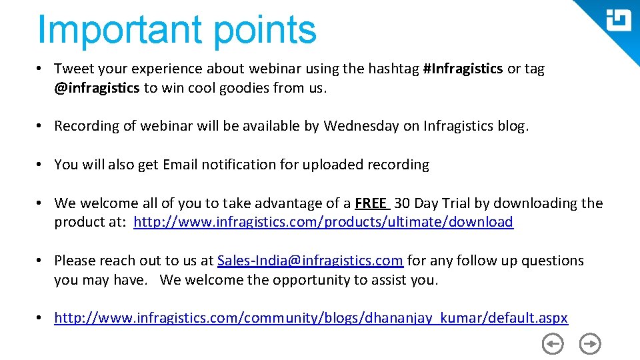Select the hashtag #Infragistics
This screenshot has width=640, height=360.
pyautogui.click(x=463, y=69)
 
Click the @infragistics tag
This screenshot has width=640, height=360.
pyautogui.click(x=97, y=87)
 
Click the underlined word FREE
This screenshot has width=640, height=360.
pyautogui.click(x=371, y=203)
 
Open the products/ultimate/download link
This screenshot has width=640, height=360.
pyautogui.click(x=323, y=222)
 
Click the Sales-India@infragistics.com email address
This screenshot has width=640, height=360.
pyautogui.click(x=310, y=261)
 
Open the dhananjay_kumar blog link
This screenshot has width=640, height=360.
pyautogui.click(x=311, y=318)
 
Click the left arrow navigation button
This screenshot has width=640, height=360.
pyautogui.click(x=553, y=344)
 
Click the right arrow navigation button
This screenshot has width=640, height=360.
pyautogui.click(x=590, y=344)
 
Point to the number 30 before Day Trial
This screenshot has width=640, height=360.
pyautogui.click(x=402, y=203)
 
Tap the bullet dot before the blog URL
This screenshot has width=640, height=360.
pyautogui.click(x=41, y=318)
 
